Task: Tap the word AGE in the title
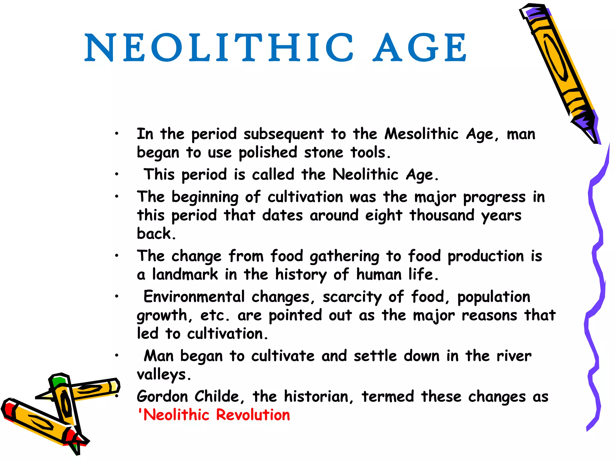tap(420, 47)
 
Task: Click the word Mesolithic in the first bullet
tap(421, 134)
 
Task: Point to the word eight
tap(383, 215)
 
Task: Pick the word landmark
tap(185, 274)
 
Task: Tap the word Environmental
tap(194, 297)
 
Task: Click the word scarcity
tap(352, 297)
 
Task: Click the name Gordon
tap(162, 396)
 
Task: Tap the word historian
tap(316, 396)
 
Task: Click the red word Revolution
tap(253, 415)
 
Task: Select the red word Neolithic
tap(176, 415)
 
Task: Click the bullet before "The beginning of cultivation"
tap(117, 197)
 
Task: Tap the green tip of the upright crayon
tap(58, 381)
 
